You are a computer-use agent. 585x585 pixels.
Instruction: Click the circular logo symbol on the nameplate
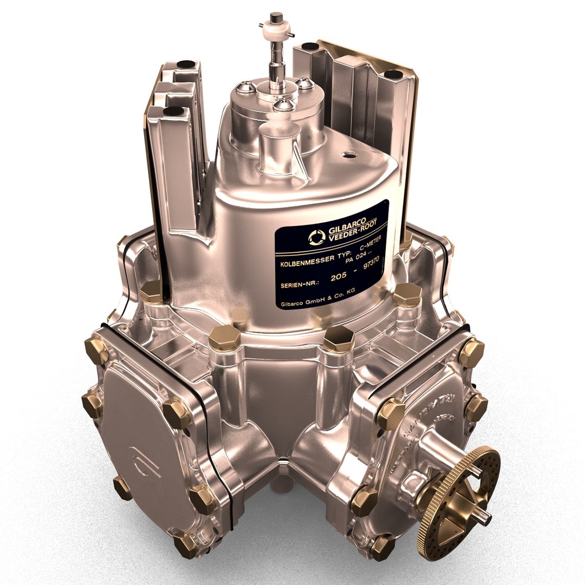(315, 237)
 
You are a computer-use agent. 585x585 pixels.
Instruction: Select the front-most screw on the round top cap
(283, 104)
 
